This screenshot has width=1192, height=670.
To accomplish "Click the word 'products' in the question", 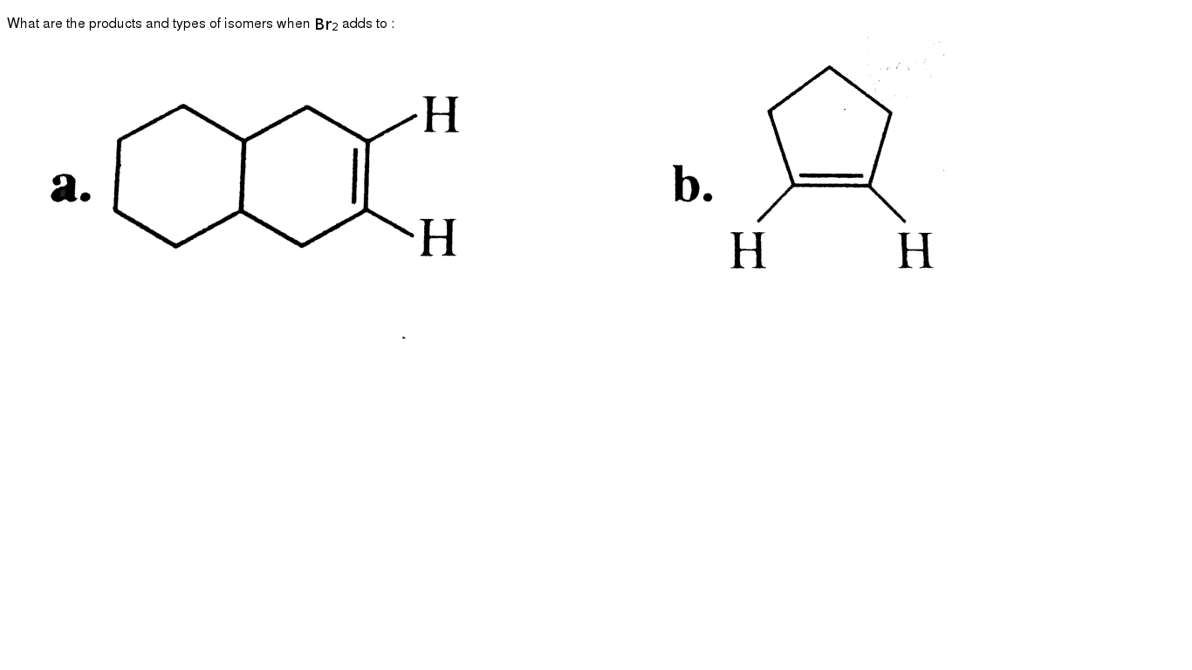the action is [115, 24].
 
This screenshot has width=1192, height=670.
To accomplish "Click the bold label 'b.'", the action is [692, 184].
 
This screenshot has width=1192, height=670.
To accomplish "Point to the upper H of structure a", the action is [441, 114].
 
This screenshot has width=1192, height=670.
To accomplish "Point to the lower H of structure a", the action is [438, 238].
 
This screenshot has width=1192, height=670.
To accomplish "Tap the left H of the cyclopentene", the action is [748, 250].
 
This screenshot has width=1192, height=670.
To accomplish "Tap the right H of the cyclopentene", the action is [915, 250].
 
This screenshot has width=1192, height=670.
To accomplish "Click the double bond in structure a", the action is [360, 175].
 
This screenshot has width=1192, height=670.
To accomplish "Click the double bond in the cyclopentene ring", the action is [832, 180].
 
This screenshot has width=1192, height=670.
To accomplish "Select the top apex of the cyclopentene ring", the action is [829, 67].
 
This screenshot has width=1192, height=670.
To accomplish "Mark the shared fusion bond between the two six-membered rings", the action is [243, 175].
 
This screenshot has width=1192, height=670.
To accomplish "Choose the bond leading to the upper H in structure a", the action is [392, 127].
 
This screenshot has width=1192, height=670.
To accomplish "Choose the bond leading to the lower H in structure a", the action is [389, 222].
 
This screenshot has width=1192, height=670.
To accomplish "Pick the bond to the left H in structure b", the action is [776, 202].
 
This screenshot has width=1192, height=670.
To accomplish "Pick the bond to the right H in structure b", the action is [887, 203].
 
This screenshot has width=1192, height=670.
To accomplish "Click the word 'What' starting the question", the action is [23, 24].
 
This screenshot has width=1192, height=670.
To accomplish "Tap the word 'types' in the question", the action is [188, 24].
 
